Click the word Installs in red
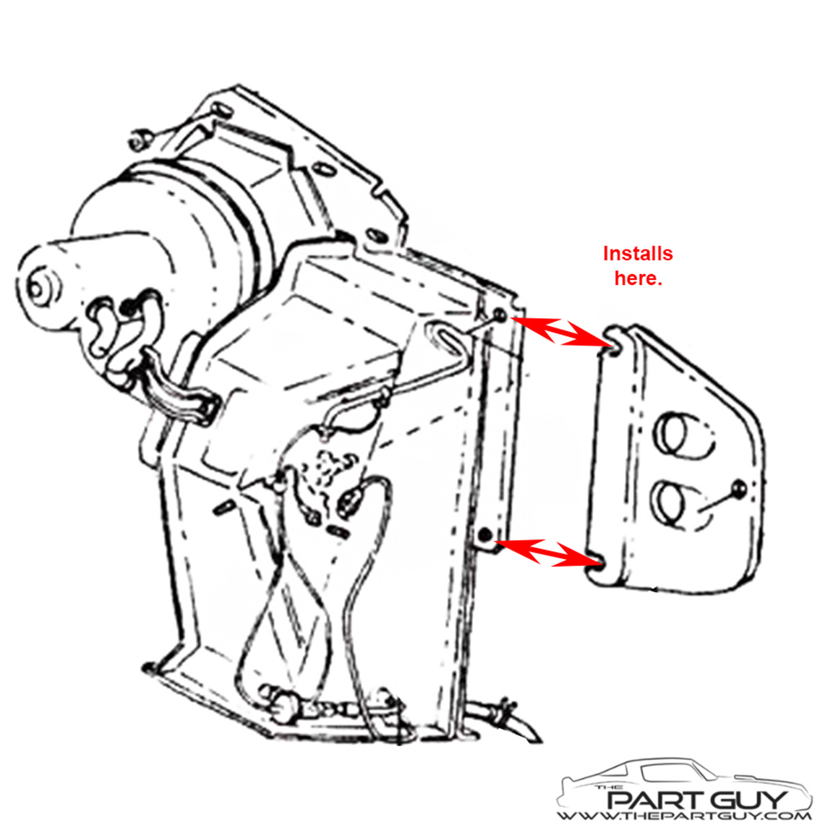point(638,253)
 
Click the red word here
point(638,278)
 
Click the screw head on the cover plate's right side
point(739,488)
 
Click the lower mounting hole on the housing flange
point(484,534)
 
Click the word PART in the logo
point(648,800)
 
